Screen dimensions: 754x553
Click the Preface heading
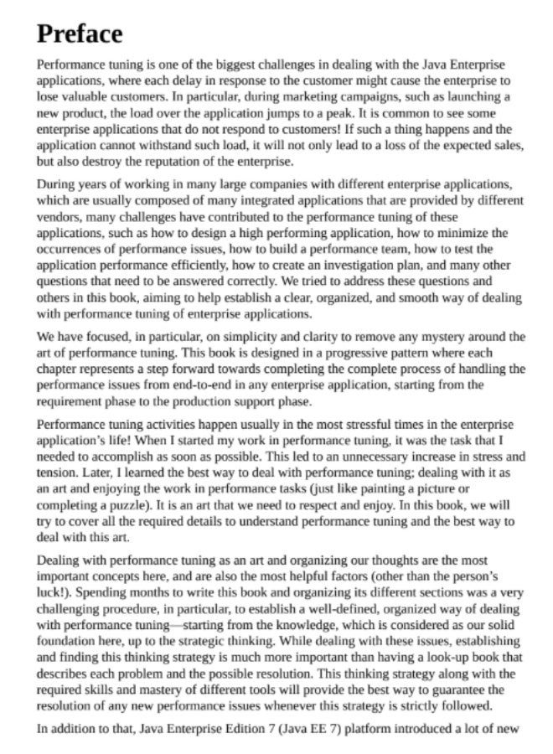click(80, 34)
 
